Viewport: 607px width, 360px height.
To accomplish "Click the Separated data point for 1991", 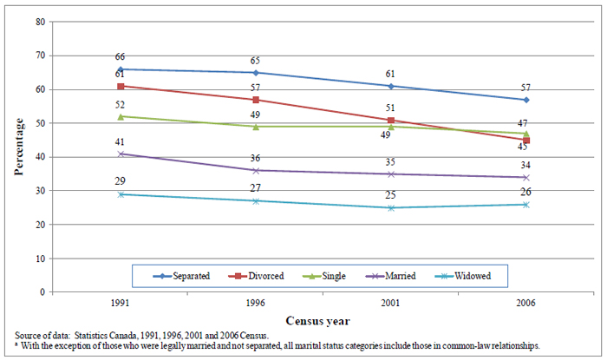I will [x=120, y=69].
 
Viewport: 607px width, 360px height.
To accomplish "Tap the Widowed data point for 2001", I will [x=391, y=208].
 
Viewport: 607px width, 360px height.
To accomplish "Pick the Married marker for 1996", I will [x=255, y=170].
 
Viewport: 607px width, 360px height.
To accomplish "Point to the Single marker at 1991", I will [x=120, y=116].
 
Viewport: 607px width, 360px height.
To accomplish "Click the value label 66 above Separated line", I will [x=120, y=57].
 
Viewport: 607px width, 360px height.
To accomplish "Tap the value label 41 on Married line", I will [x=120, y=141].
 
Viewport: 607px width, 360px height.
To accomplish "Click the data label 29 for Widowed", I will [x=120, y=182].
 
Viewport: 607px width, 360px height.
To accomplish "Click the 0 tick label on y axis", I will [x=42, y=292].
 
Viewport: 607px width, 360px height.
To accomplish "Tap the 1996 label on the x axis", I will [x=255, y=305].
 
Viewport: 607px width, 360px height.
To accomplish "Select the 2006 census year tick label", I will [x=525, y=305].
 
